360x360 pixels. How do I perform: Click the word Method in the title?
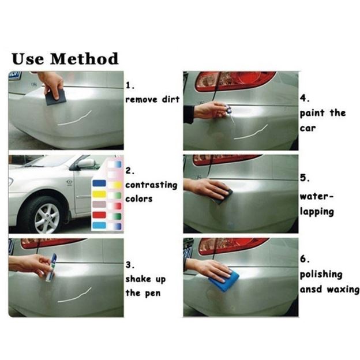[84, 59]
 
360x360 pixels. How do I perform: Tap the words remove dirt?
[152, 99]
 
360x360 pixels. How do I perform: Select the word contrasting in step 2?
[151, 185]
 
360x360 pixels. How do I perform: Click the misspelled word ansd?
[311, 289]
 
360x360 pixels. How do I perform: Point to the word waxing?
[343, 290]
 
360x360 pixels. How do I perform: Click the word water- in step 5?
[316, 197]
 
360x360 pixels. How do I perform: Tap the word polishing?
[321, 275]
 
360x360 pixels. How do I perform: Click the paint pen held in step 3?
[51, 268]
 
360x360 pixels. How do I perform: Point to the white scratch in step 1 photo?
[74, 119]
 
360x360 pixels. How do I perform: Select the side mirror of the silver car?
[85, 163]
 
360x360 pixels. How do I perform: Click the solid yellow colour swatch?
[99, 194]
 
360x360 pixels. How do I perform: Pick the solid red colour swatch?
[99, 215]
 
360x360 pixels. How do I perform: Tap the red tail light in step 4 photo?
[235, 81]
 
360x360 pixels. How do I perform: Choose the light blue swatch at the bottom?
[99, 225]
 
